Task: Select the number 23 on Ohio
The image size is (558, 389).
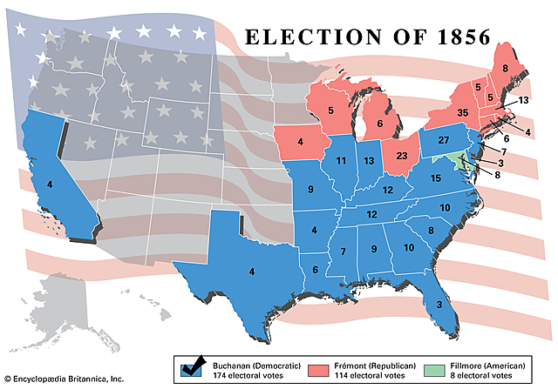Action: coord(401,156)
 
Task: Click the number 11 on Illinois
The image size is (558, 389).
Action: coord(341,161)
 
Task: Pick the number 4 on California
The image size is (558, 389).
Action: coord(51,184)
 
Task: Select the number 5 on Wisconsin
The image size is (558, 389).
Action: coord(330,111)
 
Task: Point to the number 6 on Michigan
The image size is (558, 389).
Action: coord(380,124)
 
